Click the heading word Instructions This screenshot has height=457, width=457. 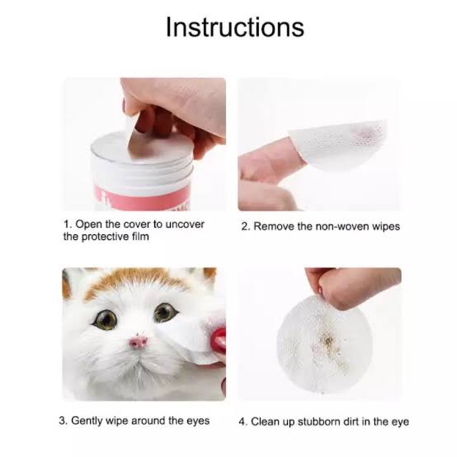click(234, 27)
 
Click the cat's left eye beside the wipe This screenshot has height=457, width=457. click(165, 311)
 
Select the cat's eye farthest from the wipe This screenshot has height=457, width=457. click(106, 319)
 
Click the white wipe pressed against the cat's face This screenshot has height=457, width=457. click(190, 334)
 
